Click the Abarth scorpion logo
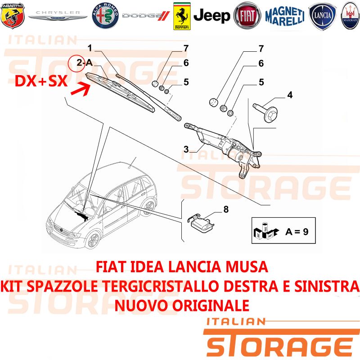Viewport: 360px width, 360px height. (13, 16)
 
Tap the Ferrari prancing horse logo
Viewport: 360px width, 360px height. (182, 16)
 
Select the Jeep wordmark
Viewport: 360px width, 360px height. (211, 16)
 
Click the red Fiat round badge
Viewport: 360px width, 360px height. (247, 16)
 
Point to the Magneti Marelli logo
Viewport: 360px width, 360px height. (285, 16)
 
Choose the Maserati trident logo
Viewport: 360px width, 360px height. (350, 16)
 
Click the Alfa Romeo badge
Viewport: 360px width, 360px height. (105, 16)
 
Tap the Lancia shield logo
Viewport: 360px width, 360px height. (322, 16)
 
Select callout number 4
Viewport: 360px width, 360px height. (290, 95)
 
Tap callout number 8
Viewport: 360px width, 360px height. (226, 209)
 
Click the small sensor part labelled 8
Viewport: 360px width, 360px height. (200, 222)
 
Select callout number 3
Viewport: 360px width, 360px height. (186, 149)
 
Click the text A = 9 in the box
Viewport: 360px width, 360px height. (297, 231)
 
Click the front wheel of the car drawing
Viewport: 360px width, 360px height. (93, 240)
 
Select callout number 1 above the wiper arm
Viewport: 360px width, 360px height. (90, 48)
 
